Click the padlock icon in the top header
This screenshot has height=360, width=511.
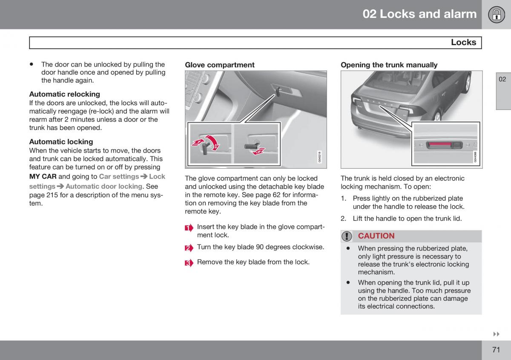tap(496, 14)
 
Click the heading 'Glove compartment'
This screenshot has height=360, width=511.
tap(219, 65)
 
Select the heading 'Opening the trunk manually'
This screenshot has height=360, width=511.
tap(389, 65)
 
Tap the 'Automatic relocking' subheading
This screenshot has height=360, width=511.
tap(64, 94)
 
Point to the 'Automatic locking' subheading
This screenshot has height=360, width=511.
tap(61, 141)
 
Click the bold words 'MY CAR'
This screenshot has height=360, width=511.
tap(43, 176)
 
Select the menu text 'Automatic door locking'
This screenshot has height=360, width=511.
tap(104, 186)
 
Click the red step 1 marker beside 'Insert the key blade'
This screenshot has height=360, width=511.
tap(189, 228)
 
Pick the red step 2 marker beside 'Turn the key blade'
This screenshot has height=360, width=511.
tap(189, 248)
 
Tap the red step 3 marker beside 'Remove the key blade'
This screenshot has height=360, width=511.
tap(189, 263)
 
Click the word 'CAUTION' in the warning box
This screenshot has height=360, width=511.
tap(376, 236)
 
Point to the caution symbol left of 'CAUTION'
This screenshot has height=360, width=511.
tap(347, 236)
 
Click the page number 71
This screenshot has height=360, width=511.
tap(496, 350)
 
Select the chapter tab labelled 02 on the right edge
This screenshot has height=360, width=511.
tap(502, 79)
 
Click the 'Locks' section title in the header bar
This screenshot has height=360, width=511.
tap(463, 42)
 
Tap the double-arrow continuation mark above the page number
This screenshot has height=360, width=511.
tap(496, 334)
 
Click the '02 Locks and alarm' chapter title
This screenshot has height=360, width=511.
tap(419, 14)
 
